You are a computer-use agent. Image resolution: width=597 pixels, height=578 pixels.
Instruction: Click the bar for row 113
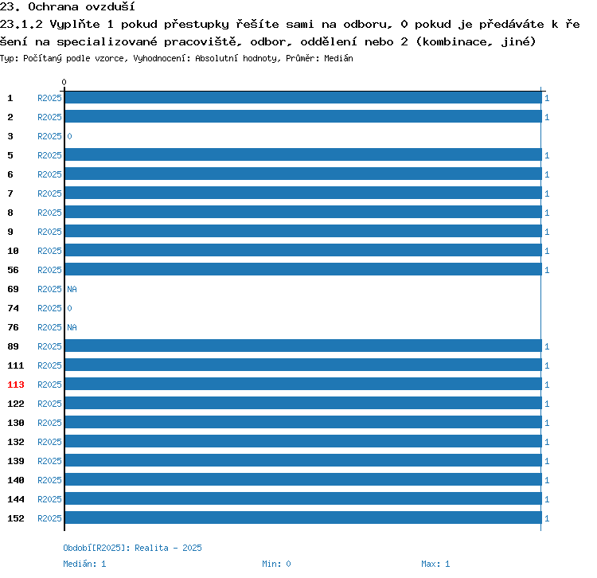click(303, 384)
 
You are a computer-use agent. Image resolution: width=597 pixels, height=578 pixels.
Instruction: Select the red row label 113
click(16, 385)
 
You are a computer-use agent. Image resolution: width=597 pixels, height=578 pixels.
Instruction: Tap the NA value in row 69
click(72, 289)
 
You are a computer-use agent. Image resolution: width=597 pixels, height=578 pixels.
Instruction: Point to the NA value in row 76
click(72, 327)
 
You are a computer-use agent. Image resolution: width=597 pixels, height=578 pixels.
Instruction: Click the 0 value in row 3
click(69, 136)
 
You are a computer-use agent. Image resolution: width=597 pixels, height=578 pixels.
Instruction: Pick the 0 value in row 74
click(69, 308)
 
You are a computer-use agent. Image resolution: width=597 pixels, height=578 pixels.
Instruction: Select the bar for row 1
click(303, 97)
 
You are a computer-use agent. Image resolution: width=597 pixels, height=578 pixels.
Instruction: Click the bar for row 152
click(303, 517)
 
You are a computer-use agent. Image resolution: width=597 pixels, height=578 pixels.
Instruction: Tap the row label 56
click(13, 270)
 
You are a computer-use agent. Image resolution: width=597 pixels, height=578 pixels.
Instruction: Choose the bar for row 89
click(303, 346)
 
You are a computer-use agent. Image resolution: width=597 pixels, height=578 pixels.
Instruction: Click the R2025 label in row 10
click(49, 251)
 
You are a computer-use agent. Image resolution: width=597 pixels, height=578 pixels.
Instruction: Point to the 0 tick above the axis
click(64, 82)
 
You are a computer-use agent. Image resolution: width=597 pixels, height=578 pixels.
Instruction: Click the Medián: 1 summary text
click(84, 564)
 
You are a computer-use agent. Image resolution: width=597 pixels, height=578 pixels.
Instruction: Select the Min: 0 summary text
click(276, 564)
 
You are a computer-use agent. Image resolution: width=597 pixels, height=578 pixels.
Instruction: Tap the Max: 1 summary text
click(435, 564)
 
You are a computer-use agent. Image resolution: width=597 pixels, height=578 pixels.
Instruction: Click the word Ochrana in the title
click(53, 7)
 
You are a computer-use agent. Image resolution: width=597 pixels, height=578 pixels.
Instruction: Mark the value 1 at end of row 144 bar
click(547, 499)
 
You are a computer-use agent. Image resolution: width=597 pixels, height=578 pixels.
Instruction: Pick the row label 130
click(16, 423)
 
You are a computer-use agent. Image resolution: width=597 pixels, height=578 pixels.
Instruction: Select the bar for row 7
click(303, 193)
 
